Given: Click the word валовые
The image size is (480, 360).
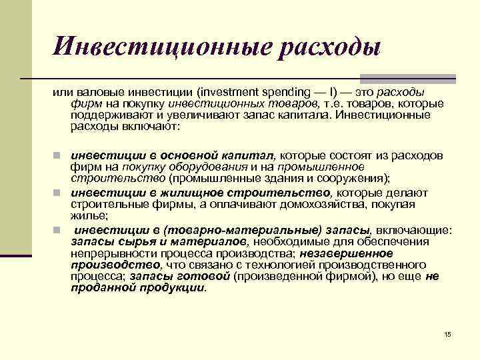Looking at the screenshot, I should coord(99,92).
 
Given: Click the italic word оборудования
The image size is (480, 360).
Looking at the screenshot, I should coord(191,167).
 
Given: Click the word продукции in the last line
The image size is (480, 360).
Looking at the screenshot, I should coord(173,287).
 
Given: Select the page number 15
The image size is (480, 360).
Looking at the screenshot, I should coord(447,333).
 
